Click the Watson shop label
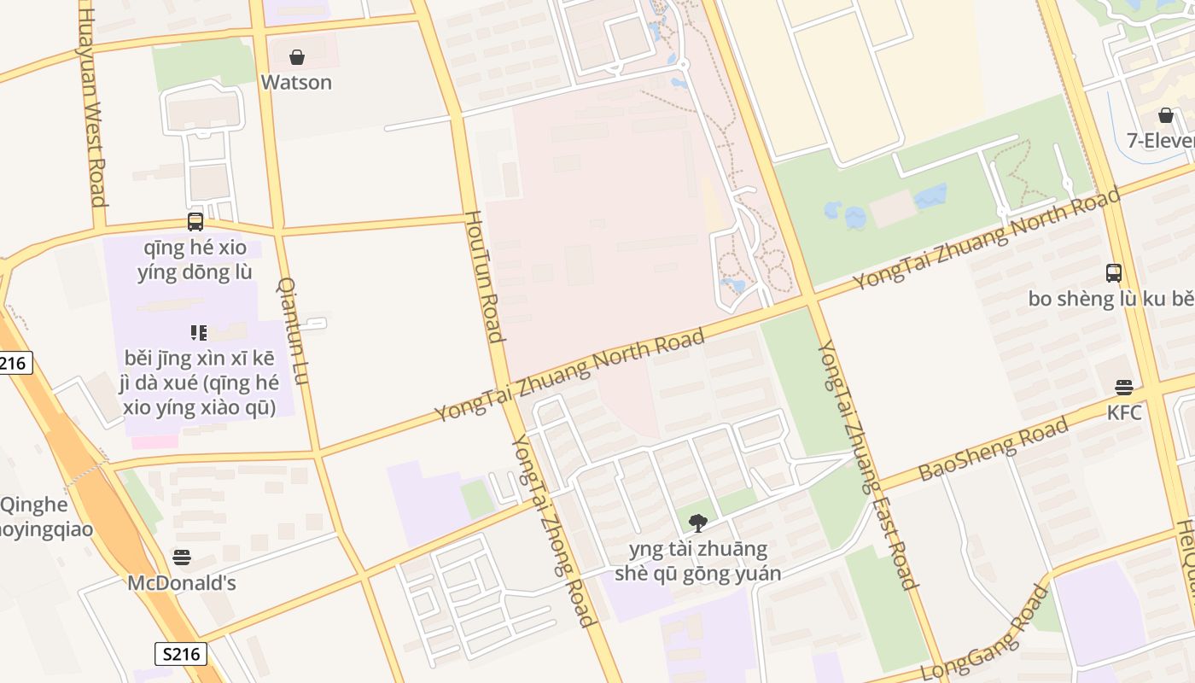tap(296, 82)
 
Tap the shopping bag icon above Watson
tap(297, 57)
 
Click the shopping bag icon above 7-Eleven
tap(1166, 115)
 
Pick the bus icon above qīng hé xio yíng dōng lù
tap(195, 222)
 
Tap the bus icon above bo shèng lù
tap(1114, 273)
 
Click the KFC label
tap(1124, 412)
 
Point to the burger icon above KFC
tap(1124, 388)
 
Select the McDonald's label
tap(182, 583)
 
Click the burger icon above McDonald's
tap(181, 557)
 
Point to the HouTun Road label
tap(483, 277)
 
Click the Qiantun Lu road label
tap(293, 330)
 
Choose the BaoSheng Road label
tap(994, 449)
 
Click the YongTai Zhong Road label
tap(553, 529)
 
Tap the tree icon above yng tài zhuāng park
tap(698, 522)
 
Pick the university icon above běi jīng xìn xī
tap(199, 333)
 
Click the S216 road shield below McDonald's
tap(181, 654)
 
